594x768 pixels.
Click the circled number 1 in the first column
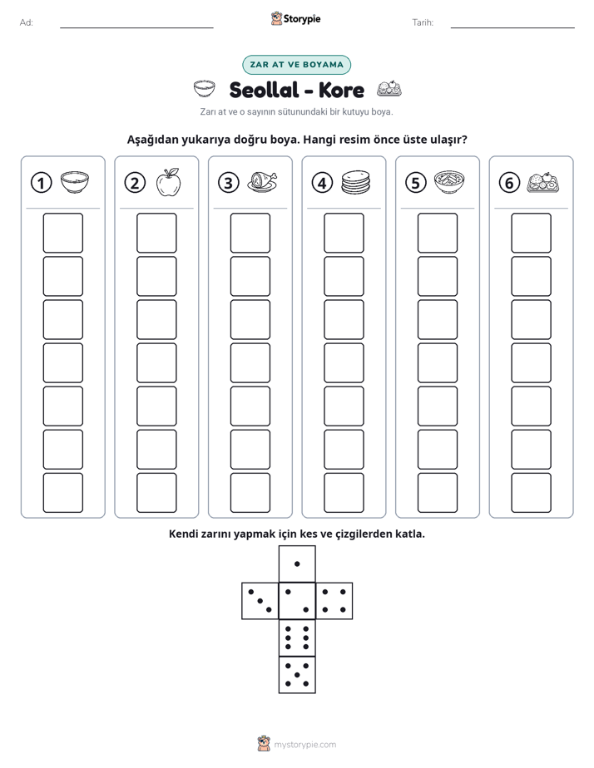(x=41, y=183)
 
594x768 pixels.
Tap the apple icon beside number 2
(x=169, y=182)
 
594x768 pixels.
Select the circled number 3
(x=229, y=183)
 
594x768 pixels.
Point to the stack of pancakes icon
(x=356, y=182)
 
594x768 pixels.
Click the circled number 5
(x=416, y=183)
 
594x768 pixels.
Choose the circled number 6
(x=509, y=183)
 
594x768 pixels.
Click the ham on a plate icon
(x=262, y=182)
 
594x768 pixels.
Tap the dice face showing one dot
(x=297, y=564)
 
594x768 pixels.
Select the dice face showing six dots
(x=297, y=638)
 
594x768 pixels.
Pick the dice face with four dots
(x=334, y=600)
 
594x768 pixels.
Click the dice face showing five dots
(x=297, y=675)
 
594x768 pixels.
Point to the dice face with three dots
(x=260, y=600)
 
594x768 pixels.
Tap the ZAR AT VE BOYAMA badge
(x=296, y=65)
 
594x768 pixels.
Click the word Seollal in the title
(x=264, y=90)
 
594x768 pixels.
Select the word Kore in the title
(x=341, y=90)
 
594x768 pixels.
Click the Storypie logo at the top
(x=296, y=19)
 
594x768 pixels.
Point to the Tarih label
(x=423, y=22)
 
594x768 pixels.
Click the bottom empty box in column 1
(x=62, y=493)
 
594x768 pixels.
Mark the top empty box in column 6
(x=531, y=233)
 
